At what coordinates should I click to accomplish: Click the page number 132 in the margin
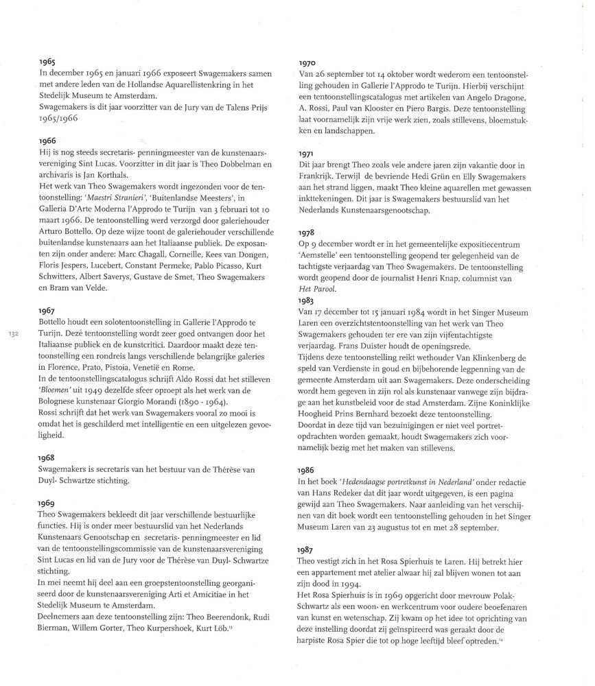12,334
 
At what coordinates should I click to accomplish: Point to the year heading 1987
306,551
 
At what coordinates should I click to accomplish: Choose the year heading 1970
306,64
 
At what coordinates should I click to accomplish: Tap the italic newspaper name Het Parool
318,290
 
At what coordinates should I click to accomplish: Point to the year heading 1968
47,457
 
